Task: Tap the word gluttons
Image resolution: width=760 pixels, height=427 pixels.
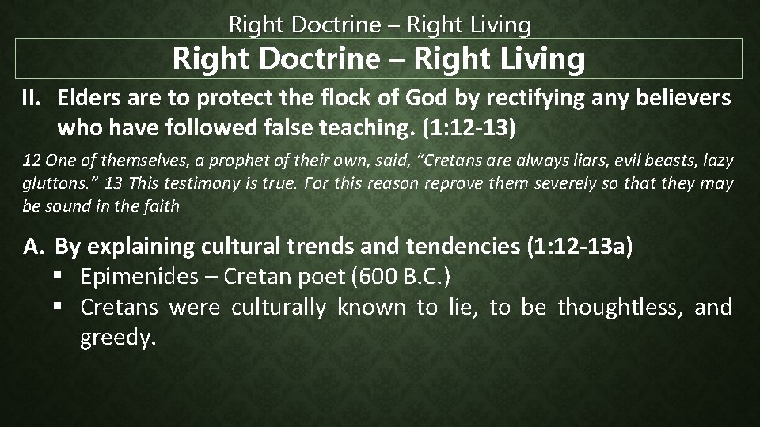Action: pyautogui.click(x=53, y=183)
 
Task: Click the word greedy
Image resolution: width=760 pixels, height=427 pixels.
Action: pyautogui.click(x=114, y=338)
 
